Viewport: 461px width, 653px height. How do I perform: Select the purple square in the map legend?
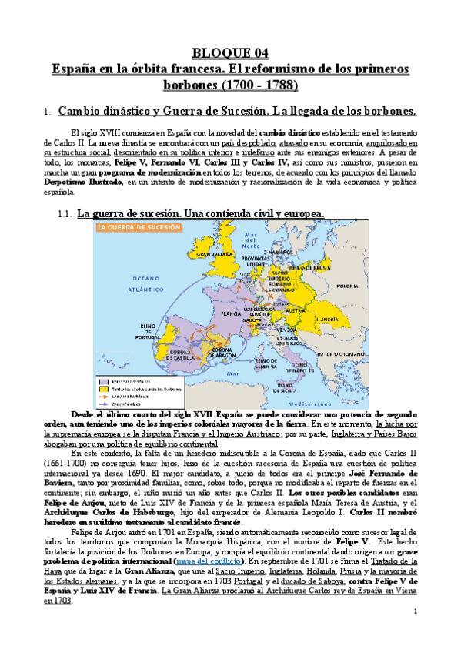pyautogui.click(x=101, y=380)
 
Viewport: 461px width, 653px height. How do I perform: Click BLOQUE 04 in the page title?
pyautogui.click(x=230, y=53)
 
